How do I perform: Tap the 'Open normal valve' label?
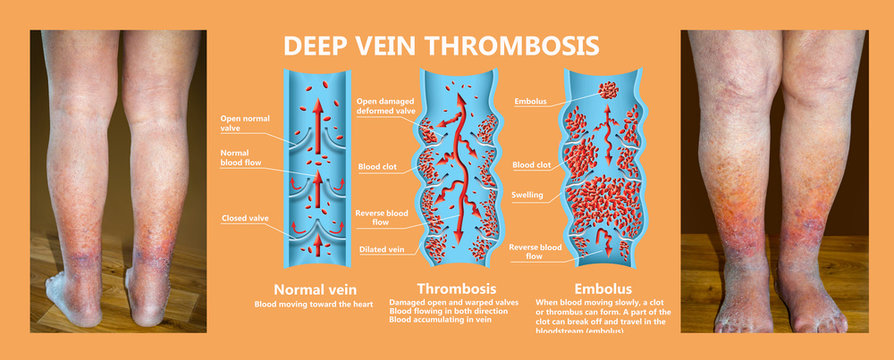point(244,122)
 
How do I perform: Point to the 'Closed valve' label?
point(245,218)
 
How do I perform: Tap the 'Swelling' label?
point(528,195)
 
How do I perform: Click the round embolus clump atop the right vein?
point(608,90)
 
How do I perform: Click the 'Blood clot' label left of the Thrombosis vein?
point(379,167)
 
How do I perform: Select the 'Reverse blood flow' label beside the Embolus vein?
point(532,250)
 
